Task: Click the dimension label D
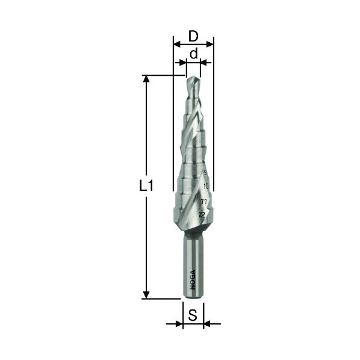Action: tap(193, 36)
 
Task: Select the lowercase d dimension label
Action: tap(194, 54)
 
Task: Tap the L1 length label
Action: tap(146, 185)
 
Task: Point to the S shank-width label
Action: tap(193, 315)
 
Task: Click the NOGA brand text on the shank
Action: tap(193, 280)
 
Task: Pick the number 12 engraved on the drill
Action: tap(202, 215)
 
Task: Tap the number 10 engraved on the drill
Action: tap(206, 186)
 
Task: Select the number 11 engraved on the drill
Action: tap(203, 202)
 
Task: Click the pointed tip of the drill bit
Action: tap(193, 76)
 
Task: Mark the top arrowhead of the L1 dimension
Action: tap(146, 79)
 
